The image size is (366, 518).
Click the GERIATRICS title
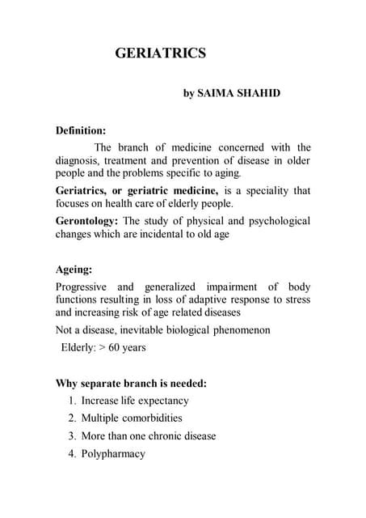[x=161, y=54]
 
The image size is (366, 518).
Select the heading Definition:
[x=80, y=129]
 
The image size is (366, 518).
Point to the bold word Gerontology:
[x=86, y=221]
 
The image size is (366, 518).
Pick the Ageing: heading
[x=73, y=271]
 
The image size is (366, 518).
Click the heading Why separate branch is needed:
[x=130, y=384]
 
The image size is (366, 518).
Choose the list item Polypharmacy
[x=113, y=453]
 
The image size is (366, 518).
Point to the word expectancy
[x=162, y=401]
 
